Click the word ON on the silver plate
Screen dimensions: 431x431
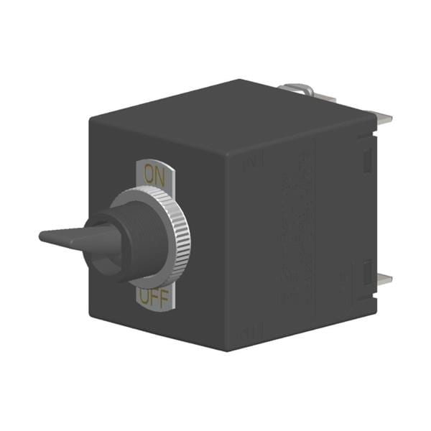click(x=153, y=173)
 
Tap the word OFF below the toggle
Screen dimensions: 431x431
click(x=154, y=297)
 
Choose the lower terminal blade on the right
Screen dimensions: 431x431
click(x=384, y=279)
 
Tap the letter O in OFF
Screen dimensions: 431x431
click(x=145, y=296)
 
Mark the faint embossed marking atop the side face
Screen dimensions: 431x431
click(x=253, y=163)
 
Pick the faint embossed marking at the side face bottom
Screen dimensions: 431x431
click(x=251, y=333)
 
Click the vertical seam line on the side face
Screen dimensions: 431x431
click(x=315, y=230)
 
